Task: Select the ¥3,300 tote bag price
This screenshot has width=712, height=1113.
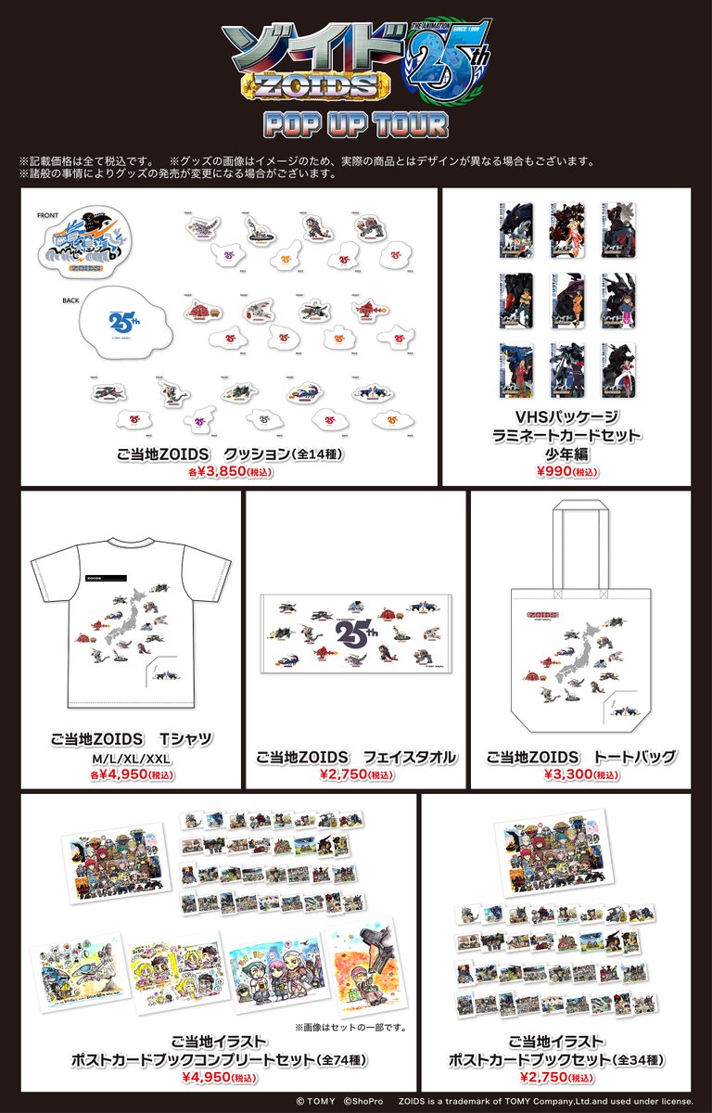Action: (581, 774)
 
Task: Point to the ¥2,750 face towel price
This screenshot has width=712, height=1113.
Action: (356, 774)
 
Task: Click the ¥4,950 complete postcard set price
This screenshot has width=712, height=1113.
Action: (218, 1079)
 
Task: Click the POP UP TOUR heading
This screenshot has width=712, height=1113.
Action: (355, 123)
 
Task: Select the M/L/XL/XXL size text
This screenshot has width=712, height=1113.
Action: (133, 759)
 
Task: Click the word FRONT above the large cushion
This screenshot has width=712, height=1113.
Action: (48, 214)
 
